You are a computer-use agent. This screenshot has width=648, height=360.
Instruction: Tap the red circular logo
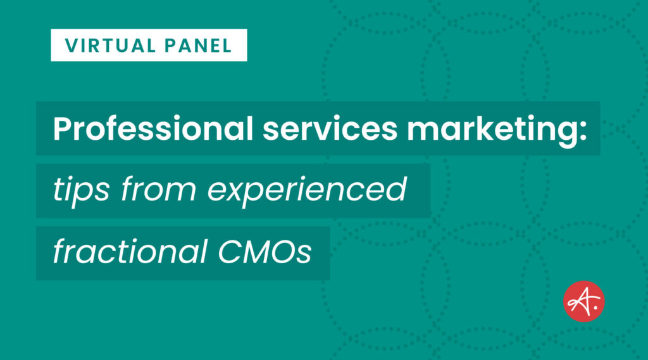point(583,301)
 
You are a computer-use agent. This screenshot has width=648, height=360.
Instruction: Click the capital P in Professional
point(62,129)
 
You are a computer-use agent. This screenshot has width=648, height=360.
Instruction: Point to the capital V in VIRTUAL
point(70,46)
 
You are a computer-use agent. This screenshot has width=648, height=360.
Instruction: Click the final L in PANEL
point(227,46)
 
